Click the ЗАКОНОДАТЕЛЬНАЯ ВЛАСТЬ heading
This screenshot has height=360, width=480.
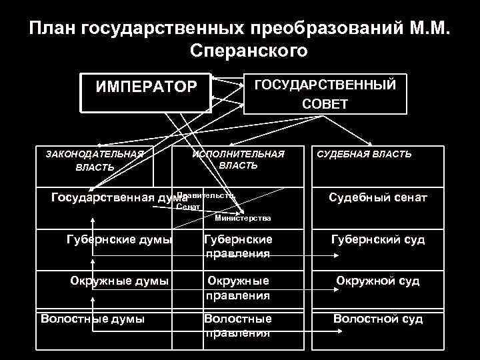coord(95,160)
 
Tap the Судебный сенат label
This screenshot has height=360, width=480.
coord(378,197)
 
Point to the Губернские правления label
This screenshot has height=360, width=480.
coord(238,246)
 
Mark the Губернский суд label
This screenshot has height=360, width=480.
coord(378,239)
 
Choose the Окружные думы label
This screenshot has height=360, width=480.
coord(119,281)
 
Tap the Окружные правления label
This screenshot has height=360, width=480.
coord(238,287)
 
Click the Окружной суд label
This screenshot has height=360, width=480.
coord(378,281)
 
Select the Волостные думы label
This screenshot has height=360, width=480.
coord(93,319)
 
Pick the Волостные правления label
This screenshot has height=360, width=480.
coord(238,325)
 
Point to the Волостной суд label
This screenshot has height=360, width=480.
coord(378,319)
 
